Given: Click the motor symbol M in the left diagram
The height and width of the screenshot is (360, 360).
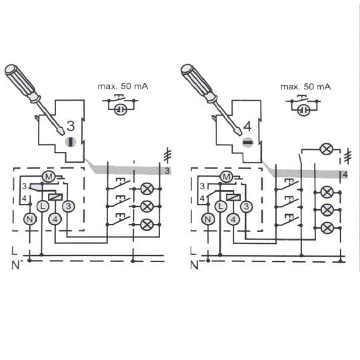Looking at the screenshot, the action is [x=49, y=177].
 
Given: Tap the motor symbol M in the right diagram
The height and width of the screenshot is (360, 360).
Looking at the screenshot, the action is [x=227, y=177].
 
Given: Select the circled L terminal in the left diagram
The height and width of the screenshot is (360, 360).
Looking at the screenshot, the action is [x=43, y=206].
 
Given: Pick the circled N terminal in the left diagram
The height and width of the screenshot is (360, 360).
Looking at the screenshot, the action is [x=29, y=219].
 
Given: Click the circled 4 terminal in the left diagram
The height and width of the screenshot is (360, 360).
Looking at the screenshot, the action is [x=55, y=219].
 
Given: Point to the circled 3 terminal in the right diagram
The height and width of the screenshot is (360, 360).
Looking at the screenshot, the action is [x=246, y=207].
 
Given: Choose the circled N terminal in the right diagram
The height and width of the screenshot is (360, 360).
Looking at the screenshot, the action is [x=207, y=219].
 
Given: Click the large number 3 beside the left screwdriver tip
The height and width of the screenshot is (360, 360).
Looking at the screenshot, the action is [x=71, y=126].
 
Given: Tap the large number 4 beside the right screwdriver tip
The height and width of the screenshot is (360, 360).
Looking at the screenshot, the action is [x=247, y=126].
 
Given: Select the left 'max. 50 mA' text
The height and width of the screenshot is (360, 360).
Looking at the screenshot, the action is [x=123, y=86].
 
